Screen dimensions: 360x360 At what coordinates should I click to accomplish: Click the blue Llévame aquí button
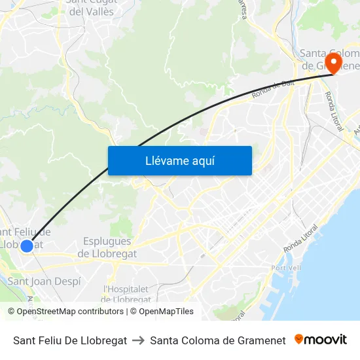coord(179,160)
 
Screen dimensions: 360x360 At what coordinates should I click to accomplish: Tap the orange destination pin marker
coord(333,63)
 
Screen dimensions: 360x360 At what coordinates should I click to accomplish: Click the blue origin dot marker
coord(27,246)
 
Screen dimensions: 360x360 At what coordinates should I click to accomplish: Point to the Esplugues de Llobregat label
coord(107,247)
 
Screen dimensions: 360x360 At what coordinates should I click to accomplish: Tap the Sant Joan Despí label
coord(45,281)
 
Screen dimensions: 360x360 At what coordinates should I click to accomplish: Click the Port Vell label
coord(285,268)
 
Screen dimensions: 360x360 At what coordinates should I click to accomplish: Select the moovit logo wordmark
coord(325,340)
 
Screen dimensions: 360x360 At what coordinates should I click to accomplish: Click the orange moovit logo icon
coord(299,339)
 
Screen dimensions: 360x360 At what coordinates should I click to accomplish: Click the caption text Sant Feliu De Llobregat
coord(70,340)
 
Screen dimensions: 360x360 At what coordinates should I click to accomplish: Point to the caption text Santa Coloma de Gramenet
coord(218,340)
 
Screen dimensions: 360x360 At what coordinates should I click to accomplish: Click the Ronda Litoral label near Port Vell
coord(300,240)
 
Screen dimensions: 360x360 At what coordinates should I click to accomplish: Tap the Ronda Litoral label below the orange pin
coord(333,111)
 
